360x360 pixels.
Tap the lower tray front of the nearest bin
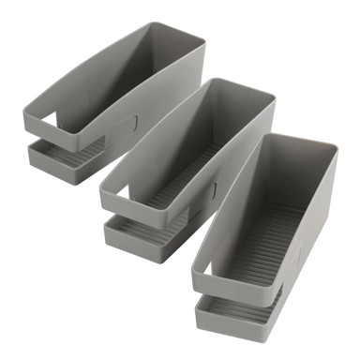(x=225, y=319)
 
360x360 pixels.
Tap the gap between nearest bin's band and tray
(x=225, y=296)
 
